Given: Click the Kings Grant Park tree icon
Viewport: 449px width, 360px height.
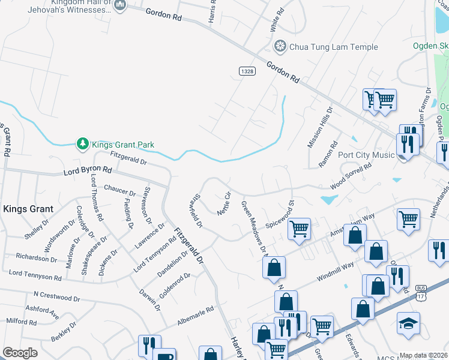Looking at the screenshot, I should pos(82,144).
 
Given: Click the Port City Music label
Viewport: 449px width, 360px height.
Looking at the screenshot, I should pos(366,155).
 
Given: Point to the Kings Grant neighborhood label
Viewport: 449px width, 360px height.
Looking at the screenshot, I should pos(28,209).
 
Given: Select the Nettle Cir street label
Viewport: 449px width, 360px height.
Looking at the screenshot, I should pos(224,203).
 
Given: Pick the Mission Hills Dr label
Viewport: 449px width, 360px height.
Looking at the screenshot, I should pos(319,128).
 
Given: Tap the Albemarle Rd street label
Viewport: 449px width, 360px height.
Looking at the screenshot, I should pos(195,317).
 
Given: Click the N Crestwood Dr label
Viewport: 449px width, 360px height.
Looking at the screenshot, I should pos(56,296).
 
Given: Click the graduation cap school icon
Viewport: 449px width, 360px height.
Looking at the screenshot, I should pos(408,323).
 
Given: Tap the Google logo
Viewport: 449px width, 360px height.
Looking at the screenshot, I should pos(20,353).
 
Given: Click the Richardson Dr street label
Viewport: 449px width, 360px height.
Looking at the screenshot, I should pos(36,258).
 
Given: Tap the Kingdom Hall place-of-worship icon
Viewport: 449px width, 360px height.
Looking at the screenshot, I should pos(119,6).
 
